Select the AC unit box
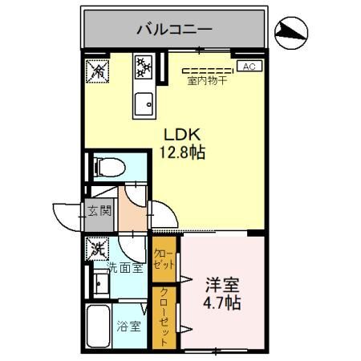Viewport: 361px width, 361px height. (249, 67)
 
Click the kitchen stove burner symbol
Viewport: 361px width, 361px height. (144, 67)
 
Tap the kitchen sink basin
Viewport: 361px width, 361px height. (144, 103)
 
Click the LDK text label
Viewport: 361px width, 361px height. (179, 133)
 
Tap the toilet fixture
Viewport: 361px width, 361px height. (109, 168)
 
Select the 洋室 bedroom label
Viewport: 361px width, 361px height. (221, 286)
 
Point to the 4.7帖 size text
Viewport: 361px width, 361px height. (221, 304)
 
